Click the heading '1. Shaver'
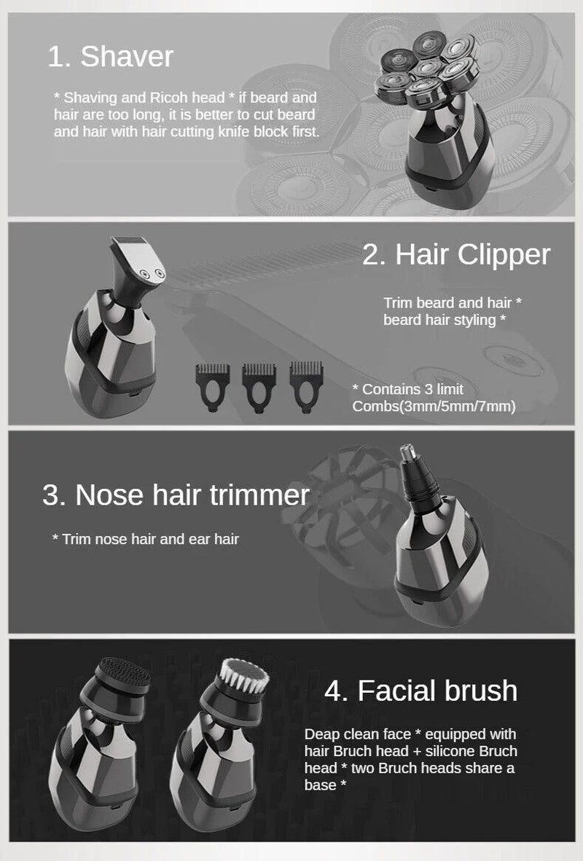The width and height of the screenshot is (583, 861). click(x=110, y=57)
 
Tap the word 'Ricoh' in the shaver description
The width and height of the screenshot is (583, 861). click(x=171, y=98)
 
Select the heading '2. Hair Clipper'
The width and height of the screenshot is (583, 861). click(x=456, y=255)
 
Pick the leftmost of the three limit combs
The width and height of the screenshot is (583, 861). click(x=212, y=382)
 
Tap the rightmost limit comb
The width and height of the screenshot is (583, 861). click(x=305, y=382)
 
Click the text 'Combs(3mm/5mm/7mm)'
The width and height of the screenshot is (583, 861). click(x=434, y=406)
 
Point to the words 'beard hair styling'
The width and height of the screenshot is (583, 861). click(x=439, y=320)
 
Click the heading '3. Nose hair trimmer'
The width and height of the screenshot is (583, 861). click(x=176, y=495)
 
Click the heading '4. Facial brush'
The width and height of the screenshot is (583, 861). click(x=421, y=690)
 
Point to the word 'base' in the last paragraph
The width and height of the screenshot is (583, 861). click(x=318, y=785)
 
